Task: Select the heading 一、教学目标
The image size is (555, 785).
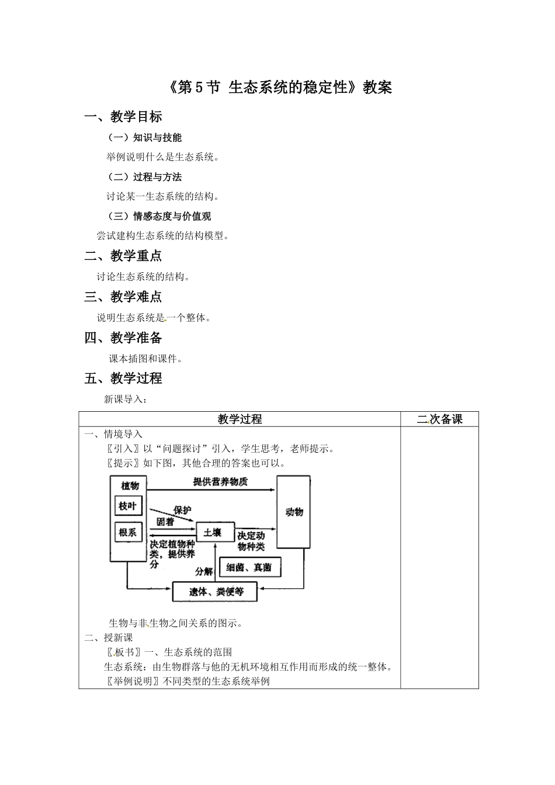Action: click(x=123, y=117)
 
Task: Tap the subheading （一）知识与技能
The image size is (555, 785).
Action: click(x=145, y=138)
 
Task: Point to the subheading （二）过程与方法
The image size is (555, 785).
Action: click(x=145, y=177)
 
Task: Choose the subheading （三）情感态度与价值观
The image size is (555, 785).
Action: click(x=159, y=216)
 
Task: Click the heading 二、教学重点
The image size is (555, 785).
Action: click(x=123, y=256)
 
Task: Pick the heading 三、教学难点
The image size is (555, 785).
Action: click(x=123, y=297)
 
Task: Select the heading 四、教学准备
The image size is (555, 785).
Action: click(x=123, y=338)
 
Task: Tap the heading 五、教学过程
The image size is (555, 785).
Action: click(x=123, y=378)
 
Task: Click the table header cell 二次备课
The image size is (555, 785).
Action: click(x=439, y=419)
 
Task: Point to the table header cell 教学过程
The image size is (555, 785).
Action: click(x=240, y=419)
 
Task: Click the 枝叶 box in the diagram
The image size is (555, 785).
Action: click(x=128, y=506)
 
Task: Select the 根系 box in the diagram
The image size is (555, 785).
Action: click(x=128, y=532)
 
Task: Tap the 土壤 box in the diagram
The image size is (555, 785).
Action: click(x=213, y=533)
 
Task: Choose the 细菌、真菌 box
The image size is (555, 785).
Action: click(x=249, y=567)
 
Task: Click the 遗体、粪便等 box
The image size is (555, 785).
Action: click(x=216, y=592)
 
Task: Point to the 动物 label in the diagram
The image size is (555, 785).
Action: click(x=294, y=512)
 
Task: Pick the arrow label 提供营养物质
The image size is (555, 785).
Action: click(x=220, y=482)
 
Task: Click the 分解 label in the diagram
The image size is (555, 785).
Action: click(x=204, y=571)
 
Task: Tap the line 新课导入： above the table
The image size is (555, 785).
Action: click(x=126, y=400)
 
